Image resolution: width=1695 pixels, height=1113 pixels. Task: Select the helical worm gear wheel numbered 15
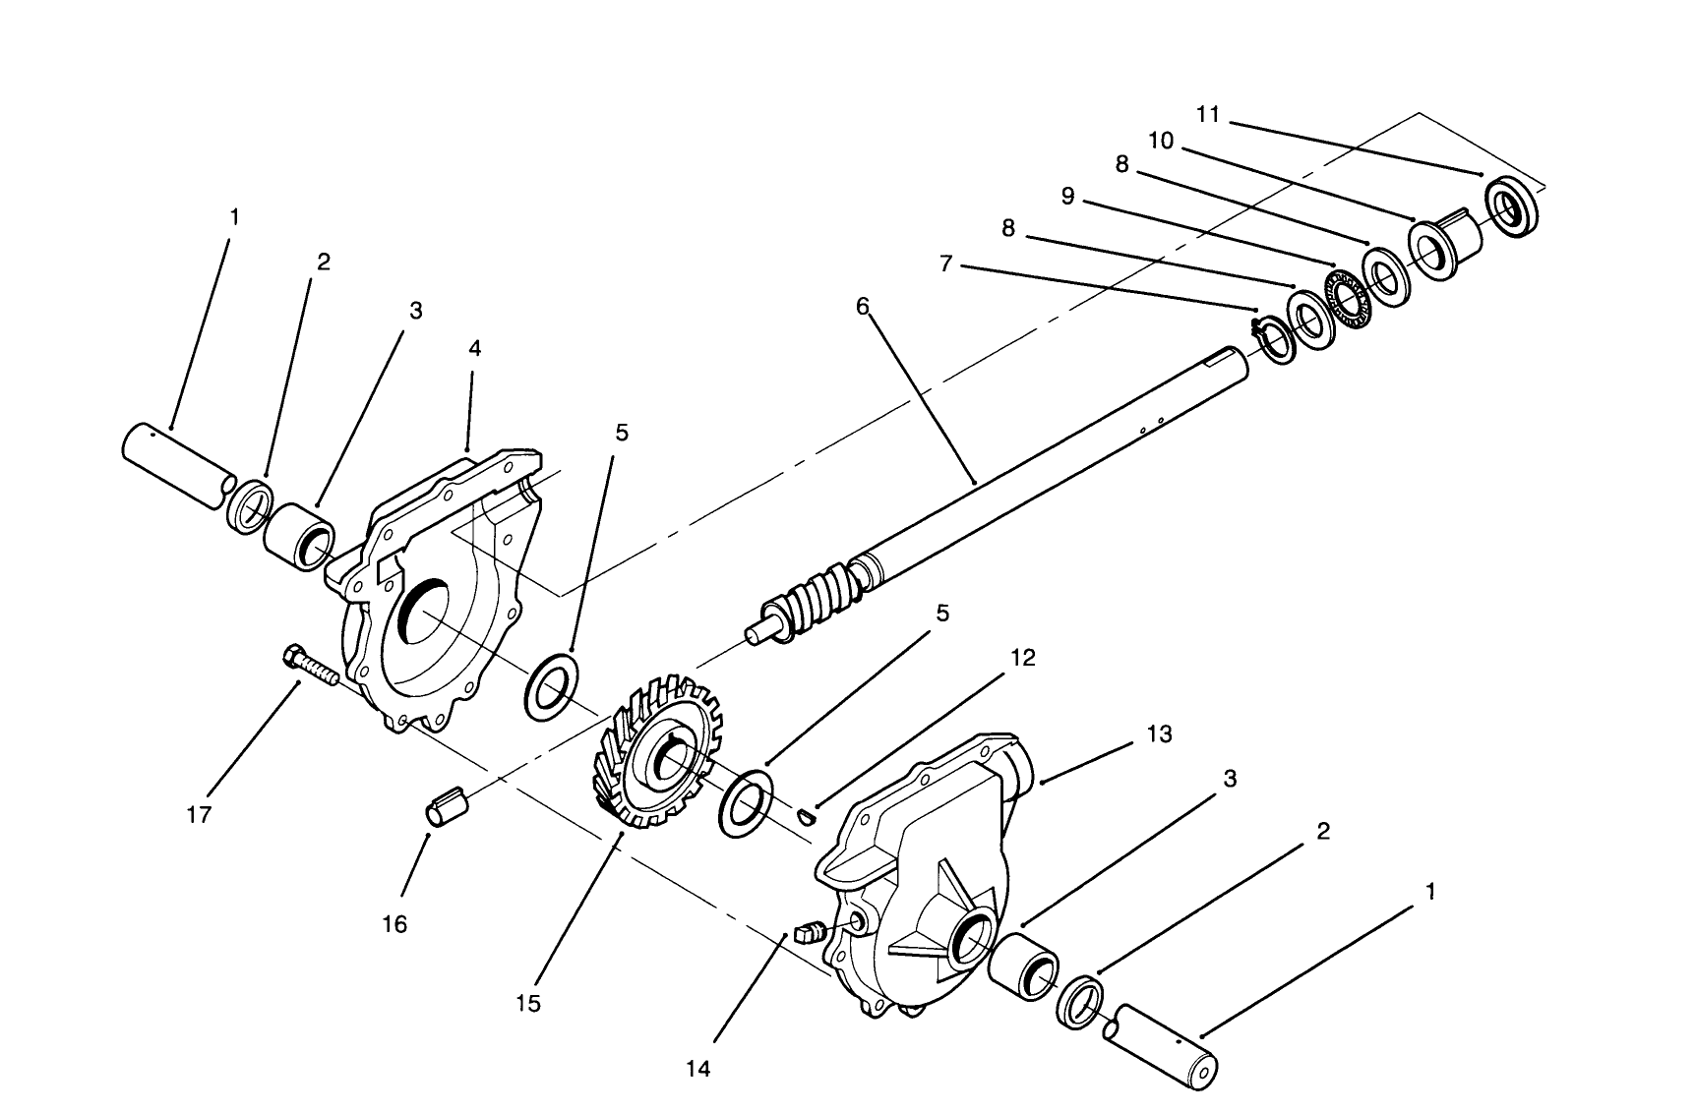coord(650,750)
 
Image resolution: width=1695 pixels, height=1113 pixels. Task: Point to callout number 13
coord(1160,733)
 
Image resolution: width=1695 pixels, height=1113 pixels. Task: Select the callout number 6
coord(863,306)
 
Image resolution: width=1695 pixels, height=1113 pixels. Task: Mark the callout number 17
coord(199,814)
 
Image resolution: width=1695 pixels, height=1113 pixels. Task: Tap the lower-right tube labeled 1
coord(1163,1050)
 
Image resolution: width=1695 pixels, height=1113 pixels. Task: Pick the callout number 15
coord(527,1003)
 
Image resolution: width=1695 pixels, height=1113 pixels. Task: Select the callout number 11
coord(1208,114)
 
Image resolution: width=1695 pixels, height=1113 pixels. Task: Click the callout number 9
coord(1067,196)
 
